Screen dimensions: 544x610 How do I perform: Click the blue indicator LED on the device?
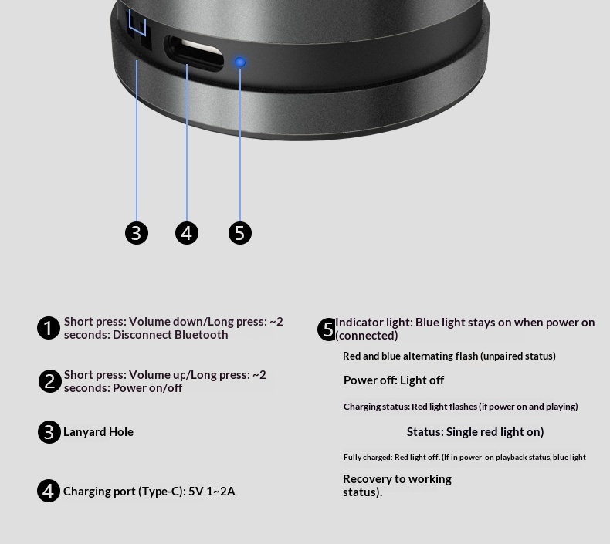240,62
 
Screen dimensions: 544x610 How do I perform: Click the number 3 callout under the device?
137,233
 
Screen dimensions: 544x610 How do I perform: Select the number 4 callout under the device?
187,233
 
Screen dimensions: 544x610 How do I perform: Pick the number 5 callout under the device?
240,233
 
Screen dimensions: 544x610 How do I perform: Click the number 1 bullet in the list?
49,328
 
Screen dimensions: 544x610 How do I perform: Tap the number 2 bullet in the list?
49,381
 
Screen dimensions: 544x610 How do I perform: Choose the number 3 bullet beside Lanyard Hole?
49,432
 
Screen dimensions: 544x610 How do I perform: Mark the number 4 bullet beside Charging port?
49,491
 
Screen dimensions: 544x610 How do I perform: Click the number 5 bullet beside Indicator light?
327,329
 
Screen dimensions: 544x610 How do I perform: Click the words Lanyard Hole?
98,432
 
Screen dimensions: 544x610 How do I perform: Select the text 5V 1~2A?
212,492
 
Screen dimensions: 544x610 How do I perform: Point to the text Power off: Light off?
394,380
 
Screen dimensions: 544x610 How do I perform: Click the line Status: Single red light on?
475,432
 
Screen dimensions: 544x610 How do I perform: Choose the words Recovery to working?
397,479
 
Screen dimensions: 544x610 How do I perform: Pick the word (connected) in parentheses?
367,336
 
